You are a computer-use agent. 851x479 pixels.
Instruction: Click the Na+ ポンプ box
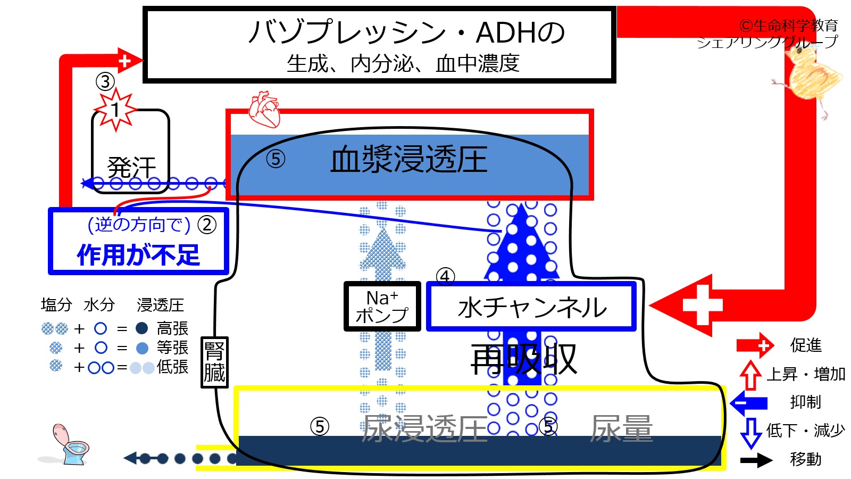[382, 306]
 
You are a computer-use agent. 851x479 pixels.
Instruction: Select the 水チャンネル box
[531, 307]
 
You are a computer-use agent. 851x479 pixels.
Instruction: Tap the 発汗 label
[131, 168]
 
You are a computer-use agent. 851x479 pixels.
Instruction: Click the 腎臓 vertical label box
[214, 362]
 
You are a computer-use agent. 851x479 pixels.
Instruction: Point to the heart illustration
[264, 110]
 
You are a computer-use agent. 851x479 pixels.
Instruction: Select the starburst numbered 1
[115, 110]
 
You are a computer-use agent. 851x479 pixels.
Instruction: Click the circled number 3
[105, 82]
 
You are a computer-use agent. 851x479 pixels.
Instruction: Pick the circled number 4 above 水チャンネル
[445, 277]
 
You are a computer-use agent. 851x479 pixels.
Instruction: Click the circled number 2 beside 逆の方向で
[207, 225]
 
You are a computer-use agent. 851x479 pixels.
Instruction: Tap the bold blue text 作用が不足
[138, 254]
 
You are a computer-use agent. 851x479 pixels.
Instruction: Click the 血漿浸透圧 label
[409, 160]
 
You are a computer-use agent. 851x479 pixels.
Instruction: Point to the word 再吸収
[524, 359]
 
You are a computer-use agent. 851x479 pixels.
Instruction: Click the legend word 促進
[806, 345]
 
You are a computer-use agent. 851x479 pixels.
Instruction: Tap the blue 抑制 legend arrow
[748, 402]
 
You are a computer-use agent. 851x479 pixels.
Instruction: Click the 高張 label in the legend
[172, 328]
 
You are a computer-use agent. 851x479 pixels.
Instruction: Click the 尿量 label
[622, 428]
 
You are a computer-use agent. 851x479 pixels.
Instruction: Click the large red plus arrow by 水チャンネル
[681, 305]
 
